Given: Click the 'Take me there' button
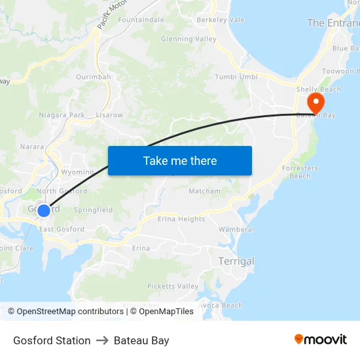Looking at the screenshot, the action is [180, 160].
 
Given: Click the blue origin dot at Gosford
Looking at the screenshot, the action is [43, 210].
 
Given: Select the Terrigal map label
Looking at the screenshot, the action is [236, 261].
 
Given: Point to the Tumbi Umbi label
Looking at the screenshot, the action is [236, 77].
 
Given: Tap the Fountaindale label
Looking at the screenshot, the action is [141, 20].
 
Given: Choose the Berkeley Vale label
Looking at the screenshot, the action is [221, 20].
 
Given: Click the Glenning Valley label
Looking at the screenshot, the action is [189, 39].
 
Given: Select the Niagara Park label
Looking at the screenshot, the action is [62, 115].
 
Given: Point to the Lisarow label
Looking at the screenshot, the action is [109, 115].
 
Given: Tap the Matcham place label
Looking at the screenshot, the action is [204, 191].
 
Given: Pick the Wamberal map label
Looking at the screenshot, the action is [236, 230].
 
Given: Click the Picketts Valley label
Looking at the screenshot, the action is [173, 287].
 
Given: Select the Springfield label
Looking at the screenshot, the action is [93, 210].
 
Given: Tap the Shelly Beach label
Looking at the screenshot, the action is [319, 90].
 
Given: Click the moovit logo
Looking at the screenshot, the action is [321, 340].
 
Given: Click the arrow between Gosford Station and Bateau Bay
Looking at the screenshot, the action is [102, 340].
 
